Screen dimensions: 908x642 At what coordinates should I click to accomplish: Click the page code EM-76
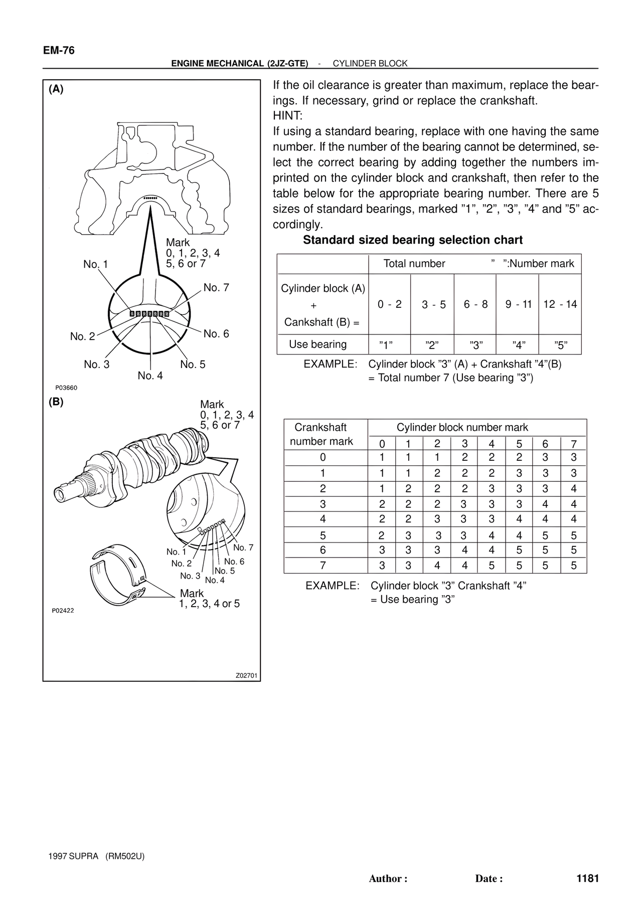pyautogui.click(x=59, y=50)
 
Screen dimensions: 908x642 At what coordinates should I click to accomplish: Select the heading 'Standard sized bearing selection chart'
pyautogui.click(x=412, y=240)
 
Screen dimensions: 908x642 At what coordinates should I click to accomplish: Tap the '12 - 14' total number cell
pyautogui.click(x=560, y=304)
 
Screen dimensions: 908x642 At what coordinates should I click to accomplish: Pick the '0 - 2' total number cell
pyautogui.click(x=390, y=304)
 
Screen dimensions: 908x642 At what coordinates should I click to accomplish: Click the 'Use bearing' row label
pyautogui.click(x=317, y=344)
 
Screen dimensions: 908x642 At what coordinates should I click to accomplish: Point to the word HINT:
pyautogui.click(x=287, y=116)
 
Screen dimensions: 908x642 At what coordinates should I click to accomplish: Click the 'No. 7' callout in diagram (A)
pyautogui.click(x=216, y=288)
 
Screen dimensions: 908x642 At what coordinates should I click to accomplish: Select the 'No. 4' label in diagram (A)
pyautogui.click(x=150, y=376)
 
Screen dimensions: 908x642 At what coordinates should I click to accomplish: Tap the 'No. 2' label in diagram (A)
pyautogui.click(x=82, y=336)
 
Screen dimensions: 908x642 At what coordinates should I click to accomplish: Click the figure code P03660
pyautogui.click(x=66, y=388)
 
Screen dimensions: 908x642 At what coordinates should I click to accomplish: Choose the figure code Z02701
pyautogui.click(x=246, y=675)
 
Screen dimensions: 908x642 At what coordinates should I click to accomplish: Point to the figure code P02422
pyautogui.click(x=63, y=611)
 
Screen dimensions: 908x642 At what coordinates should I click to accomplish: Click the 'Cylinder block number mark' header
pyautogui.click(x=462, y=428)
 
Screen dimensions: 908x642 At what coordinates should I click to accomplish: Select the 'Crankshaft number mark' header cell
pyautogui.click(x=322, y=434)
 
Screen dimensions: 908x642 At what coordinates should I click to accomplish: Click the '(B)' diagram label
pyautogui.click(x=56, y=402)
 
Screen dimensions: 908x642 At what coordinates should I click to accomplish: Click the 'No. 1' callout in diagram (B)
pyautogui.click(x=176, y=552)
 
